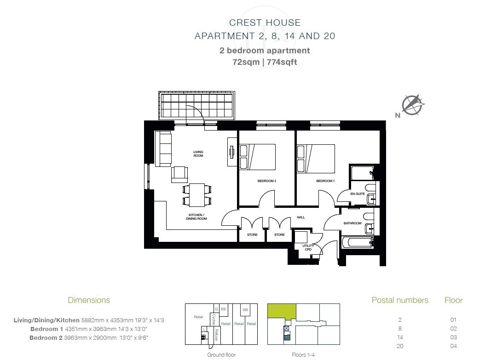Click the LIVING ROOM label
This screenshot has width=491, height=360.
coord(198,154)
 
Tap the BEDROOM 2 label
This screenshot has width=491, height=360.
coord(267,181)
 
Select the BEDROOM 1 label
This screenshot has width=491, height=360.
coord(325,181)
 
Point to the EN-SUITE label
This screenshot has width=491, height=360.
coord(358,194)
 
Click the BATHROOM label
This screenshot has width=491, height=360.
coord(352,223)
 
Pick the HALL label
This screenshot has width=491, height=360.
coord(300,217)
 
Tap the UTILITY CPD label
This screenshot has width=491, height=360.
coord(308,247)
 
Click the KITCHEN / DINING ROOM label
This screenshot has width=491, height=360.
coord(196,217)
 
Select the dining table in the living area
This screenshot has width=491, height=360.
coord(196,195)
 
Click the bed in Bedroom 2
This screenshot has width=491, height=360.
coord(257,157)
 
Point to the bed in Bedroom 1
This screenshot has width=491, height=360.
coord(316,159)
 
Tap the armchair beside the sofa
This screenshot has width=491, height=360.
coord(179,175)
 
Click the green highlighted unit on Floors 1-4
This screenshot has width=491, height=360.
coord(282,311)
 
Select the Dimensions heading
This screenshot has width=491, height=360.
coord(89,300)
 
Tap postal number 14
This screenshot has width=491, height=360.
coord(400,337)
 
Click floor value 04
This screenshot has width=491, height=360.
coord(453,346)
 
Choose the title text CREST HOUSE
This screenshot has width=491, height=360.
coord(265,23)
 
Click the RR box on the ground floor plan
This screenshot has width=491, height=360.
coord(245,310)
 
